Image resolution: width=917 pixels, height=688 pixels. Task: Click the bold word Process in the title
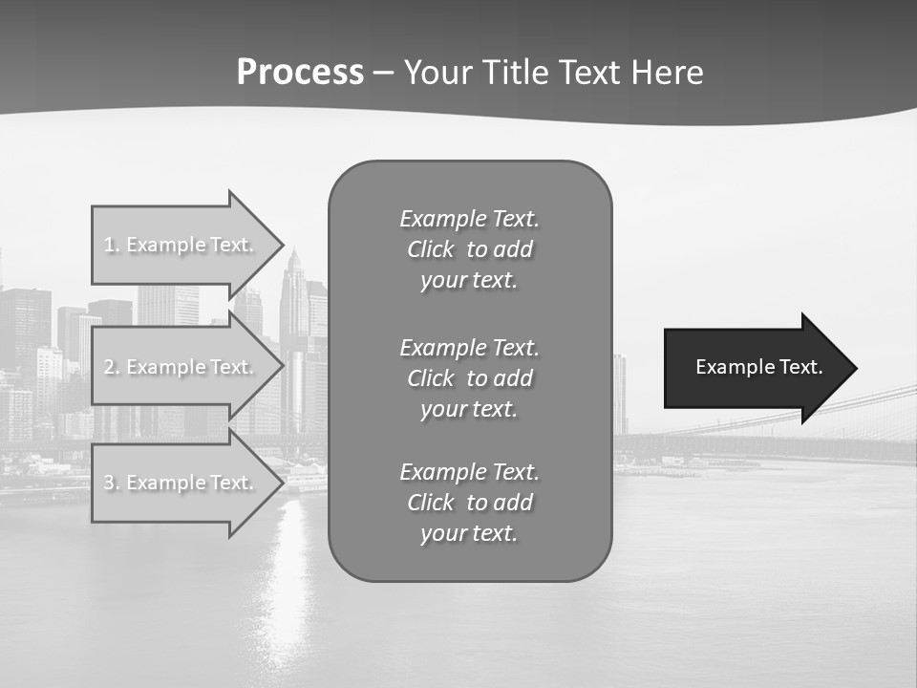(x=300, y=72)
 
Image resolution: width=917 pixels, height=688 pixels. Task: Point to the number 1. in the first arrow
(x=112, y=245)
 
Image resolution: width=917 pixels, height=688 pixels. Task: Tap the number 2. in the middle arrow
(x=112, y=367)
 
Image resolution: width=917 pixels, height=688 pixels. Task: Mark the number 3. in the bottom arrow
(x=112, y=483)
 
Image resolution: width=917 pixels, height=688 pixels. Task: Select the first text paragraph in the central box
(x=469, y=249)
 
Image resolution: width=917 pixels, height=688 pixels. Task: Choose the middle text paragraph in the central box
(x=469, y=377)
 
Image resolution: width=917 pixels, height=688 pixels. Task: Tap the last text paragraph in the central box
(x=469, y=503)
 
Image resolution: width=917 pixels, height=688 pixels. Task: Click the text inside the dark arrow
(x=759, y=367)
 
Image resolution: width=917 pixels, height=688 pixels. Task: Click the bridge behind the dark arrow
(x=879, y=411)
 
